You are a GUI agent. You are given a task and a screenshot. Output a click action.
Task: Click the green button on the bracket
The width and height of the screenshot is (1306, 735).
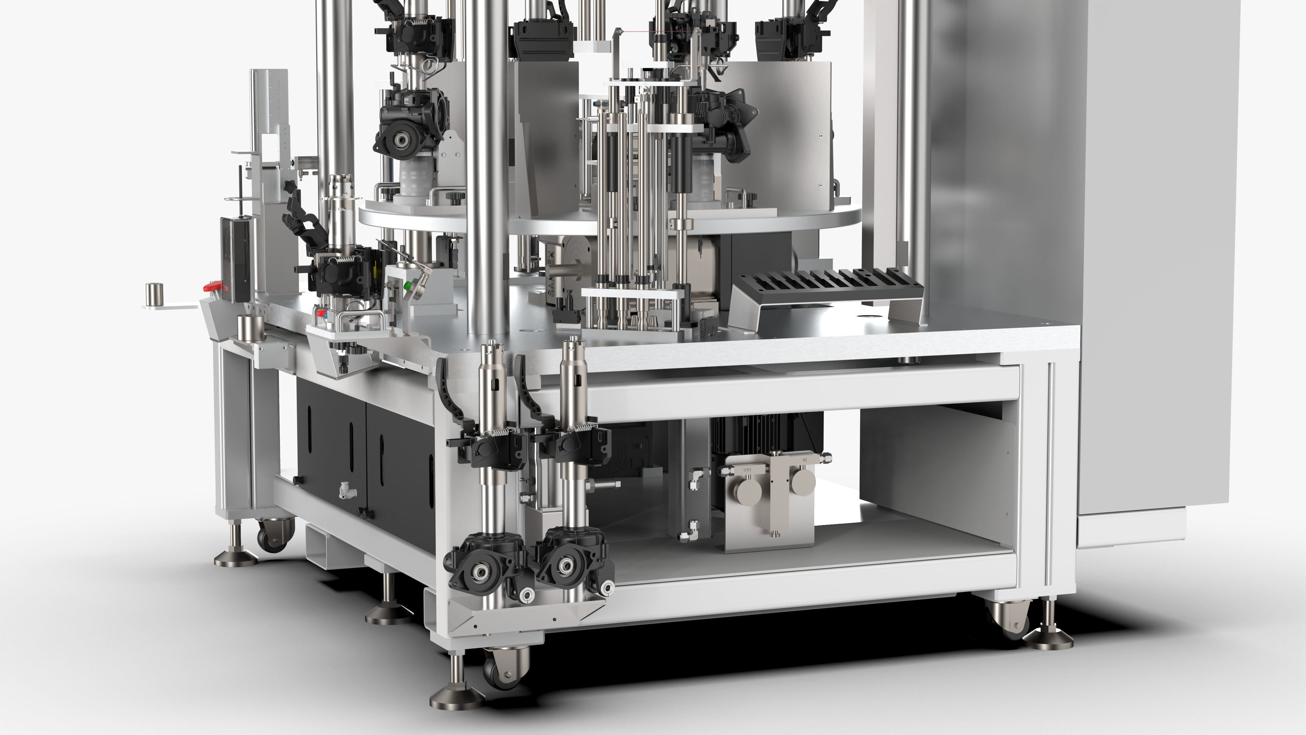[x=406, y=285]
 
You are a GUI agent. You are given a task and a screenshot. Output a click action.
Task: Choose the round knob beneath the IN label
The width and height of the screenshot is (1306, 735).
[x=804, y=481]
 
